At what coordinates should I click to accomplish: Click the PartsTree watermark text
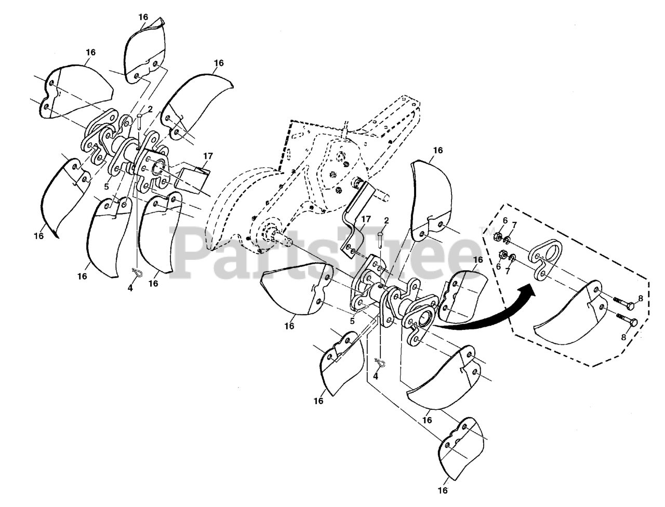tap(332, 249)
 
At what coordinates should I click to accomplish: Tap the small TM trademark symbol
tap(489, 230)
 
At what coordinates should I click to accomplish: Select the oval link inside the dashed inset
tap(547, 255)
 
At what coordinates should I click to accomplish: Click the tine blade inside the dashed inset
tap(569, 317)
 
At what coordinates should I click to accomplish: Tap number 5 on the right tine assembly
tap(352, 321)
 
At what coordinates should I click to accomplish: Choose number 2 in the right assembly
tap(386, 221)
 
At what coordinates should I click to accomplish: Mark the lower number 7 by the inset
tap(508, 272)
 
